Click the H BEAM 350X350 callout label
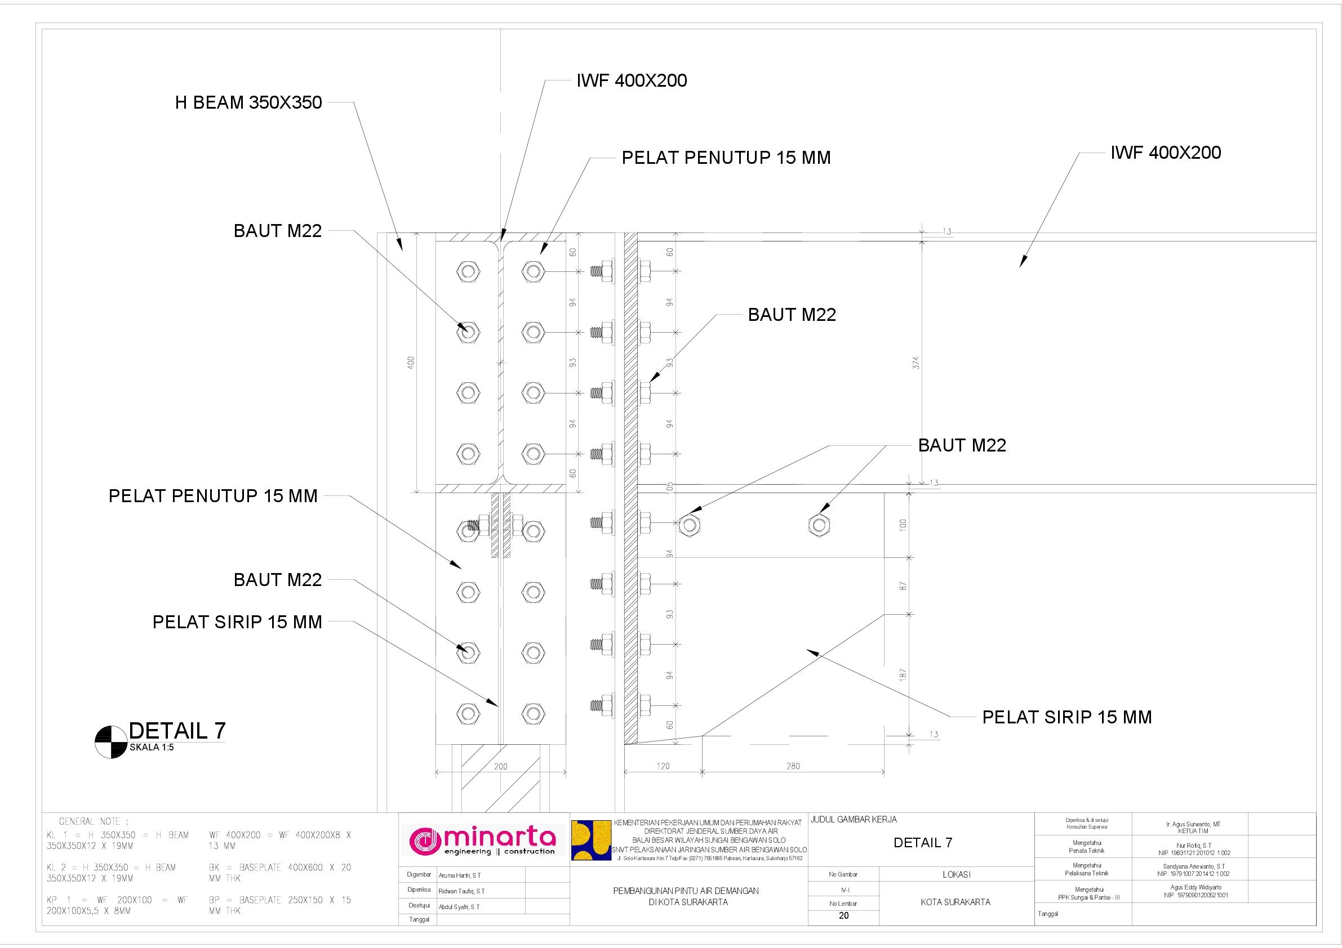(248, 103)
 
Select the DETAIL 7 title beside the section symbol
(177, 731)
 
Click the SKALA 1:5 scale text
(152, 748)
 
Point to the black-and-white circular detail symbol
(111, 743)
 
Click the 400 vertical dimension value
(410, 363)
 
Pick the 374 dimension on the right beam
(916, 363)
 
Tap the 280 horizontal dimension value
(793, 766)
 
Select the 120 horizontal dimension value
(663, 766)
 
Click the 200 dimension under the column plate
(501, 766)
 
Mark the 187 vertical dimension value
(903, 675)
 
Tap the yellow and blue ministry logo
(590, 840)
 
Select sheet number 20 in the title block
(843, 916)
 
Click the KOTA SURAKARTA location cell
(956, 902)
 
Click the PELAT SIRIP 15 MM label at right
(1067, 718)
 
